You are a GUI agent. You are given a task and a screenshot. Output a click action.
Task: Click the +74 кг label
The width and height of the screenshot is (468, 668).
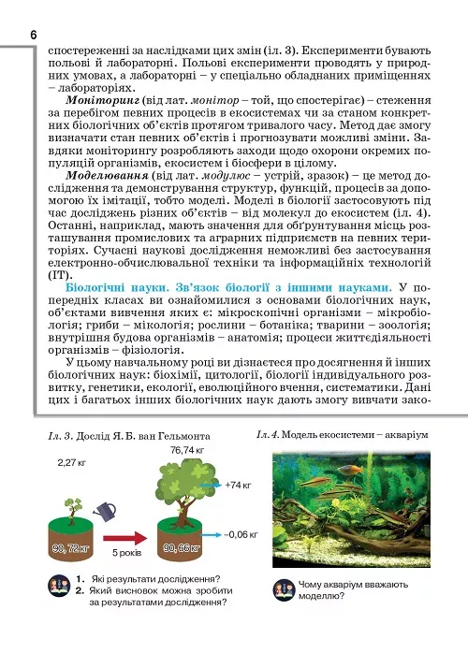[241, 486]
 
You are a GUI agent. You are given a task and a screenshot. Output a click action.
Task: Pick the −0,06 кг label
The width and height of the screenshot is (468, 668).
[241, 533]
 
